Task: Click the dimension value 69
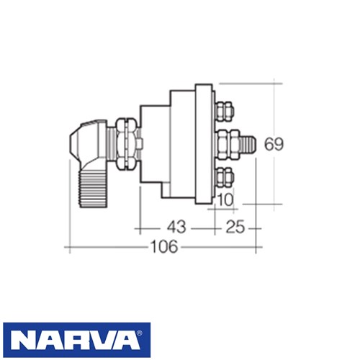(x=274, y=144)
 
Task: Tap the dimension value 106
(x=164, y=247)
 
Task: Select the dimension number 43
(x=176, y=227)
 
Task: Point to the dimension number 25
(x=235, y=227)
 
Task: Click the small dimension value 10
(x=225, y=199)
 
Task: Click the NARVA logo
(x=77, y=340)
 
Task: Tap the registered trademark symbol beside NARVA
(x=139, y=333)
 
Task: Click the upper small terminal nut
(x=224, y=111)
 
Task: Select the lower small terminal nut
(x=225, y=178)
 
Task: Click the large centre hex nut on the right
(x=228, y=144)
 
